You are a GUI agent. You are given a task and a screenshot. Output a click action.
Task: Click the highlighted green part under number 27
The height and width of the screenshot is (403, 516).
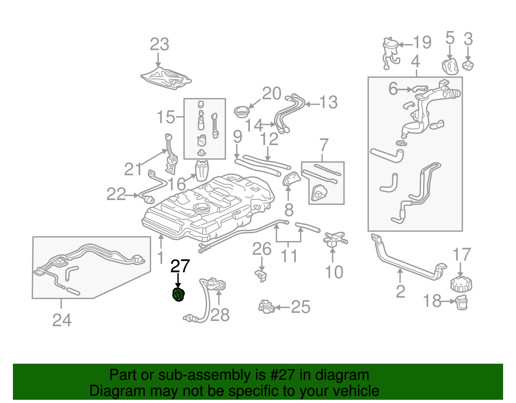pyautogui.click(x=178, y=295)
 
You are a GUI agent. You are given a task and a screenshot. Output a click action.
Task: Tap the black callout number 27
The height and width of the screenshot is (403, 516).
pyautogui.click(x=180, y=266)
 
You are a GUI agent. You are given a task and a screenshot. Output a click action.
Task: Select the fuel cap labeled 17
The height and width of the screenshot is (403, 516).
pyautogui.click(x=461, y=284)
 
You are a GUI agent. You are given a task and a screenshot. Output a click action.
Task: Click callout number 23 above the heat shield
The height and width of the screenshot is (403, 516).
pyautogui.click(x=159, y=45)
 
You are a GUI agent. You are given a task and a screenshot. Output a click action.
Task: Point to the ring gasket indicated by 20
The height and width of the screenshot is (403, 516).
pyautogui.click(x=241, y=112)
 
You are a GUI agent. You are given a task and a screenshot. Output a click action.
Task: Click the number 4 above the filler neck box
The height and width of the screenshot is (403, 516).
pyautogui.click(x=415, y=61)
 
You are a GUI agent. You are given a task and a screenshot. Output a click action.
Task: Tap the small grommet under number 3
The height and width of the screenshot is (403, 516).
pyautogui.click(x=468, y=65)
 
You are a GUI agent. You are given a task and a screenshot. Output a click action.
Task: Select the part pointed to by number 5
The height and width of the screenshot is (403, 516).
pyautogui.click(x=450, y=66)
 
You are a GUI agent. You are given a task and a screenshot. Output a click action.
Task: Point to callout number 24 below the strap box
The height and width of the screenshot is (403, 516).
pyautogui.click(x=62, y=320)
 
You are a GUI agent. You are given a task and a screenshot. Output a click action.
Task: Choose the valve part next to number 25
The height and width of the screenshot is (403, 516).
pyautogui.click(x=266, y=306)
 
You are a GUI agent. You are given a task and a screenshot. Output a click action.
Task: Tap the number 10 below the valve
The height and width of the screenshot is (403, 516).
pyautogui.click(x=334, y=272)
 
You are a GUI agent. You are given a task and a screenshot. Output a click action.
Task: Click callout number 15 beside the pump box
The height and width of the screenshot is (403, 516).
pyautogui.click(x=165, y=117)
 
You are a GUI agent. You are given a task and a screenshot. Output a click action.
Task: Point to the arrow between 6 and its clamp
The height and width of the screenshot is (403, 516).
pyautogui.click(x=405, y=89)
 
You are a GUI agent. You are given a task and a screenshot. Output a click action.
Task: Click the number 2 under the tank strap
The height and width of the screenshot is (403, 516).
pyautogui.click(x=400, y=291)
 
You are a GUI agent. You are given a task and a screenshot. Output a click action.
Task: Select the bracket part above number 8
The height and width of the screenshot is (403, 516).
pyautogui.click(x=291, y=178)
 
